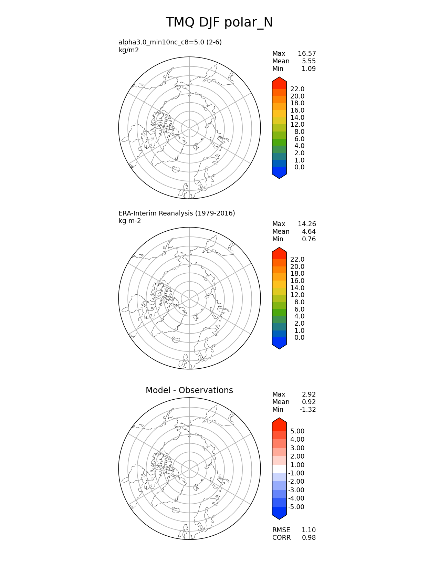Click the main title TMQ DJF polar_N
coord(219,22)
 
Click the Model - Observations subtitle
coord(189,390)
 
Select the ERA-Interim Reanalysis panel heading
coord(177,213)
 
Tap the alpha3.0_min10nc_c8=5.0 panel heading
coord(170,42)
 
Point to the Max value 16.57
coord(306,53)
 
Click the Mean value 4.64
coord(309,231)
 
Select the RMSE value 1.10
coord(309,530)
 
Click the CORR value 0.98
coord(309,537)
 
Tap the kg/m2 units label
coord(128,50)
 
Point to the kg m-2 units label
coord(129,221)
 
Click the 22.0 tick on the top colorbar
coord(297,89)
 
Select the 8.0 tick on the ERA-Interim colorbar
coord(299,302)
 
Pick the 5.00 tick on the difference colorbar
coord(297,431)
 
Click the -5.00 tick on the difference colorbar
coord(296,507)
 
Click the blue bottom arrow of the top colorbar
coord(279,174)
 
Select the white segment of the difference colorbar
coord(279,469)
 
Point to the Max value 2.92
coord(309,394)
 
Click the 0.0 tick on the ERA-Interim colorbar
coord(299,337)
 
